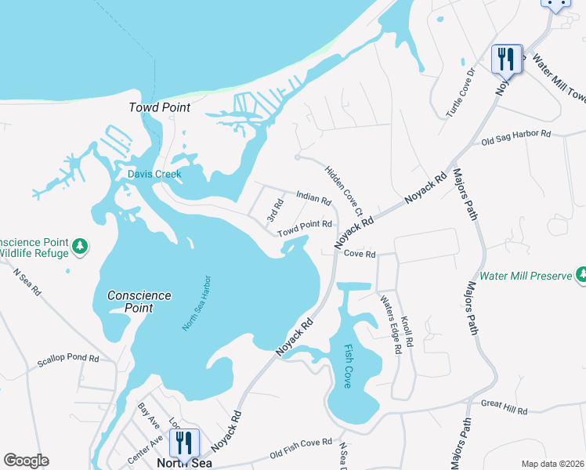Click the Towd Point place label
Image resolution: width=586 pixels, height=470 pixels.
pyautogui.click(x=160, y=107)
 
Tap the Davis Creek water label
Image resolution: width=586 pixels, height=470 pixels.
pyautogui.click(x=155, y=174)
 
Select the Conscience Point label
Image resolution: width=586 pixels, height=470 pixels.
pyautogui.click(x=139, y=302)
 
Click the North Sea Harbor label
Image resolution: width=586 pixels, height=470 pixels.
pyautogui.click(x=197, y=302)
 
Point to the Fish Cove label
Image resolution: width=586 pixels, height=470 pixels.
pyautogui.click(x=347, y=367)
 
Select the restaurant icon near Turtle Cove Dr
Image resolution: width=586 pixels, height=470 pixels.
pyautogui.click(x=506, y=58)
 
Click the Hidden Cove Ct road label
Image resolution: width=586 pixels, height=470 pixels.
pyautogui.click(x=344, y=190)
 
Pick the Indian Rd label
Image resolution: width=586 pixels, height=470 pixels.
pyautogui.click(x=313, y=197)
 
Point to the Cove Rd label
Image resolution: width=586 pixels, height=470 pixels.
pyautogui.click(x=360, y=255)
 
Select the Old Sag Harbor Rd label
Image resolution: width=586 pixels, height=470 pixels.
pyautogui.click(x=515, y=137)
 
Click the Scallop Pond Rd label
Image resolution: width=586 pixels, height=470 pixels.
pyautogui.click(x=68, y=360)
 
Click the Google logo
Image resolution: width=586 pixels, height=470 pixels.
pyautogui.click(x=26, y=460)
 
